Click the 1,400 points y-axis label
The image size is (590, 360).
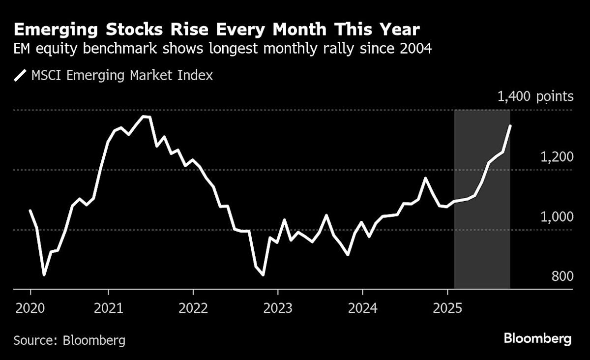pyautogui.click(x=535, y=96)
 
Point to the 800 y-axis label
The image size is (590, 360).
pyautogui.click(x=562, y=276)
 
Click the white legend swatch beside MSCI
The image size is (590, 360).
pyautogui.click(x=20, y=76)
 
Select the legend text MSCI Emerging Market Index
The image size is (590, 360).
pyautogui.click(x=122, y=76)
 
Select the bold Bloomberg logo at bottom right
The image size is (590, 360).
pyautogui.click(x=537, y=339)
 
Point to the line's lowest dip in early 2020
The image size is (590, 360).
pyautogui.click(x=44, y=275)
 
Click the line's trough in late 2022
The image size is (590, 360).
pyautogui.click(x=263, y=275)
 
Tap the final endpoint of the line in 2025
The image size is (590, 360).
pyautogui.click(x=510, y=126)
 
